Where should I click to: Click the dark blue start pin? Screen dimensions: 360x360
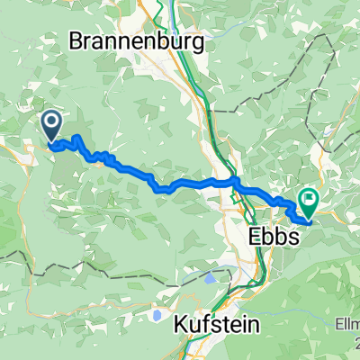[x=51, y=125]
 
